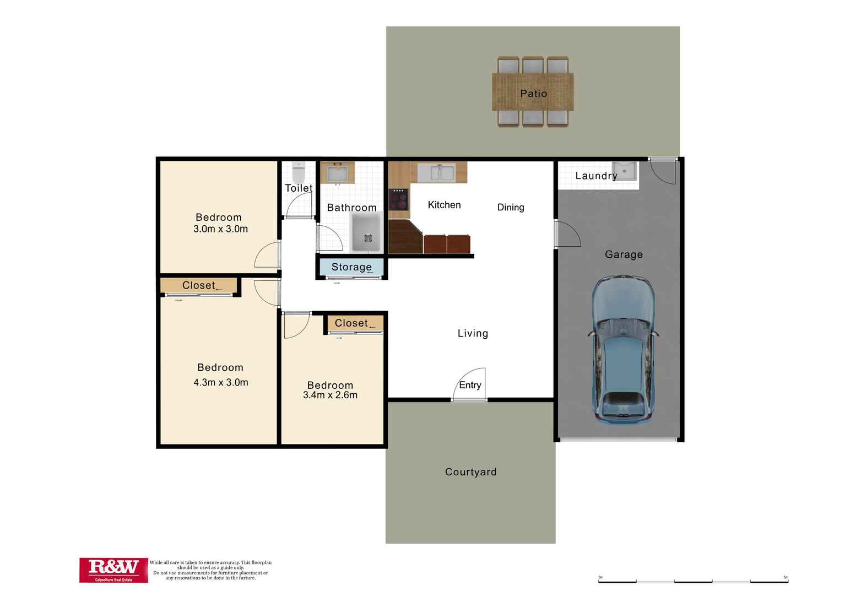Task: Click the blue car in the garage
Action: (623, 350)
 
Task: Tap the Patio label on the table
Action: (533, 94)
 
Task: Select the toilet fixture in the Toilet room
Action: (299, 173)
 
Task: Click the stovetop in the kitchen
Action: (399, 199)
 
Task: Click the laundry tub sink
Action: (624, 171)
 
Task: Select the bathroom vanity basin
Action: (337, 174)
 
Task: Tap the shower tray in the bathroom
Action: (367, 233)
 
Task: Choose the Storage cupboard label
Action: (351, 267)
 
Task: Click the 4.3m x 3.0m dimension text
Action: (220, 382)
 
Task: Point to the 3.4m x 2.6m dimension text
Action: (330, 395)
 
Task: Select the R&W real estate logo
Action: (113, 570)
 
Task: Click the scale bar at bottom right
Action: (693, 581)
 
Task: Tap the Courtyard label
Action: (470, 472)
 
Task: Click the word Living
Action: (473, 333)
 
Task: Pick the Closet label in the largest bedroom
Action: (199, 285)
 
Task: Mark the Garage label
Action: (624, 254)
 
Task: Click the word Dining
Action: (511, 207)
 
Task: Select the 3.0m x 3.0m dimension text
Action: (220, 229)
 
